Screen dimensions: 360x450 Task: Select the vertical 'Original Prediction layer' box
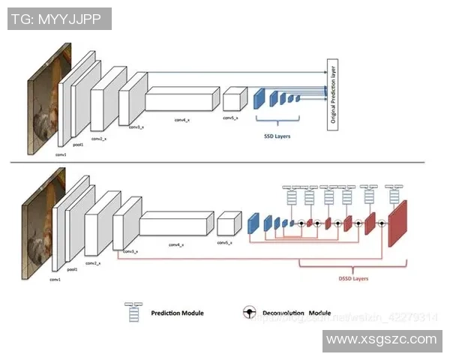click(332, 96)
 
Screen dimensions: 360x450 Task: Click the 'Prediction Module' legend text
click(177, 313)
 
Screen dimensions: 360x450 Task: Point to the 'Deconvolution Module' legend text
click(296, 313)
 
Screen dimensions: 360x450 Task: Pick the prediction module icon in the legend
click(135, 311)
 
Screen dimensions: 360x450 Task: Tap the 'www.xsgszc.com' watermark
click(382, 340)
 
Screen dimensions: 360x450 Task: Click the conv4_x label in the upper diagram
click(182, 120)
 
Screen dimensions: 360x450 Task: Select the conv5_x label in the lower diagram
click(223, 243)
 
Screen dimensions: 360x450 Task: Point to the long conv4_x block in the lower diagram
click(176, 225)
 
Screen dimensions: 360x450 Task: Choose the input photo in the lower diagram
click(40, 225)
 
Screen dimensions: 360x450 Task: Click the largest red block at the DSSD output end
click(397, 223)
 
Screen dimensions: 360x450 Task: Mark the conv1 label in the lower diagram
click(55, 279)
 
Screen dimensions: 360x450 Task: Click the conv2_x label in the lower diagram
click(94, 263)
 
